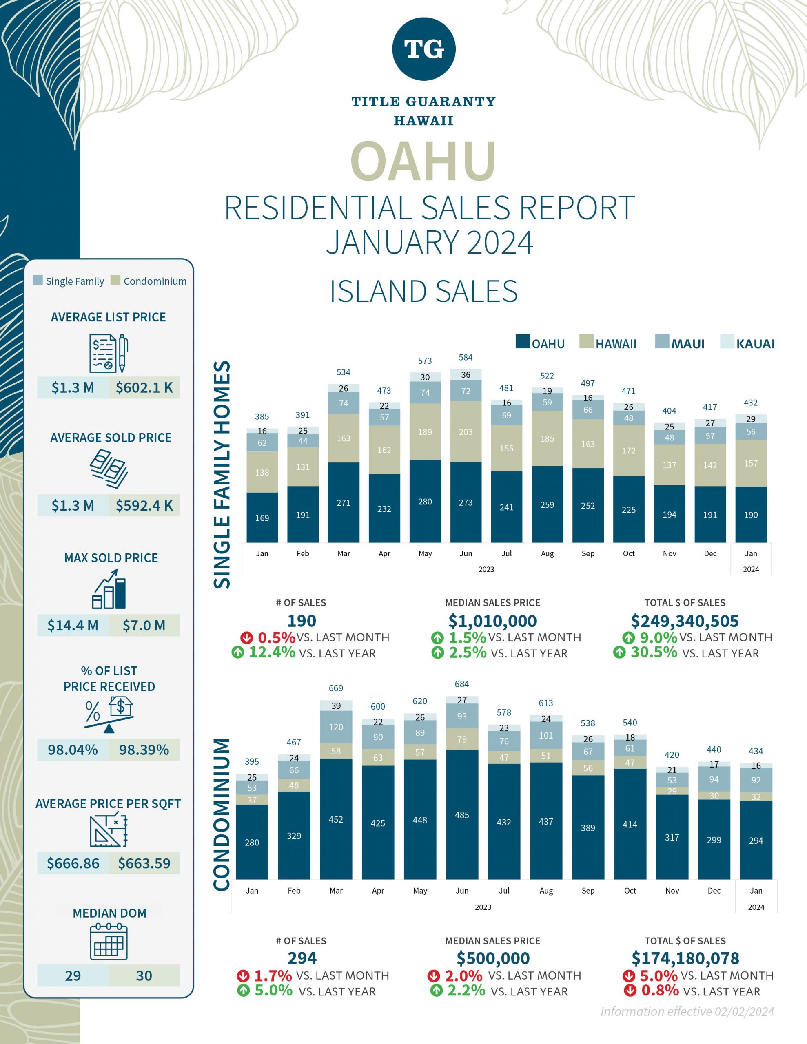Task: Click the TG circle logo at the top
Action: (x=423, y=49)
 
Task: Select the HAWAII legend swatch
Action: (x=586, y=341)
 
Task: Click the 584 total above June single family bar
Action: (x=466, y=358)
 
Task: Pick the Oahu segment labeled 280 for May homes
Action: (x=425, y=502)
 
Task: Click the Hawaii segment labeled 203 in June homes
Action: (x=466, y=431)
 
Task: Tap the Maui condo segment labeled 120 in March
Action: (x=336, y=727)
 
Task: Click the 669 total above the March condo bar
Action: (x=336, y=688)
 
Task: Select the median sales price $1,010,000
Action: (x=492, y=621)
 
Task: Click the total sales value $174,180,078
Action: (x=685, y=958)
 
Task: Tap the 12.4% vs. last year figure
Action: (x=272, y=652)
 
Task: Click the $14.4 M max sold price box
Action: (x=73, y=625)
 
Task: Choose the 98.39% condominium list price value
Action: (x=144, y=750)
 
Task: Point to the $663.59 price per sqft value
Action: (x=144, y=863)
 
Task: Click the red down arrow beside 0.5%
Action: (x=246, y=637)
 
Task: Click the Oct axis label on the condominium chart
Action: (x=630, y=891)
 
